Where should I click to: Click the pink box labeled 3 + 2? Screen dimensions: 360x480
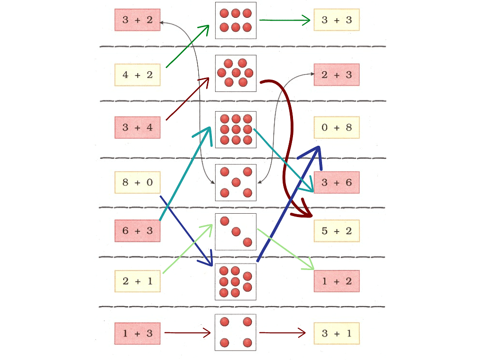point(137,20)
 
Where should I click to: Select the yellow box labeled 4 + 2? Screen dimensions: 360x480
point(137,75)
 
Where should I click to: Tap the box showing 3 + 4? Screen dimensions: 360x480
point(137,127)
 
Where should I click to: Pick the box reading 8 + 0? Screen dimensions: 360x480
point(137,182)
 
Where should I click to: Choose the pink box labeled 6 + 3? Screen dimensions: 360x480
point(137,231)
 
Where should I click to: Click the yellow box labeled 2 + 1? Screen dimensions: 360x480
point(137,281)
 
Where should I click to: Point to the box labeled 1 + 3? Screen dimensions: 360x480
point(137,334)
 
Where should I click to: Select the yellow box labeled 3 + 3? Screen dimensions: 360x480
point(336,20)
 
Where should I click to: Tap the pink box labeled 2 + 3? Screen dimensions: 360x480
point(336,75)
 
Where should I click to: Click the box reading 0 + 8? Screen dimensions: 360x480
point(336,127)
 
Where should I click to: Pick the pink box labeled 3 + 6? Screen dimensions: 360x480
point(336,182)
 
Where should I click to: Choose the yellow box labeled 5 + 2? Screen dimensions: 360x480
point(336,231)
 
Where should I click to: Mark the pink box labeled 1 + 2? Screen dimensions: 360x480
point(336,281)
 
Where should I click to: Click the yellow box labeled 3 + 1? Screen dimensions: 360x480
point(336,334)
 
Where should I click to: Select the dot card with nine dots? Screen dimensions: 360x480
point(236,130)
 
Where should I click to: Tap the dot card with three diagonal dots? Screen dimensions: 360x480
point(236,232)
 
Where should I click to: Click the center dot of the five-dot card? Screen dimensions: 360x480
point(236,182)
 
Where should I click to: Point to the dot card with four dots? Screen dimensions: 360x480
point(236,332)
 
